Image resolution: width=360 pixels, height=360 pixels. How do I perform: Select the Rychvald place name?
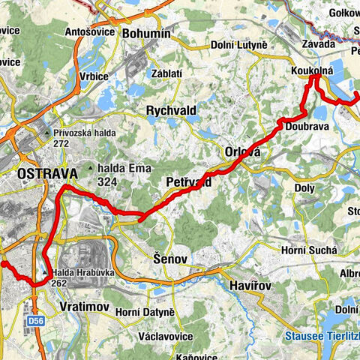point(171,110)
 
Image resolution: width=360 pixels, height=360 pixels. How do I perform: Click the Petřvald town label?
point(188,182)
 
